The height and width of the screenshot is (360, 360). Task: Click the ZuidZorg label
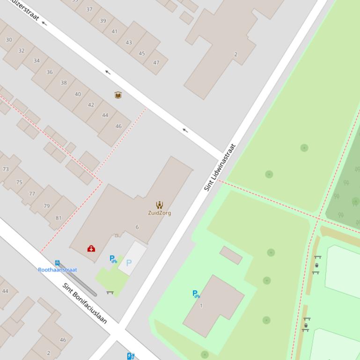click(x=159, y=213)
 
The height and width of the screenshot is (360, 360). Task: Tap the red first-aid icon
click(x=91, y=248)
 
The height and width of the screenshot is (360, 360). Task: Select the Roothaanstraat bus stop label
click(x=58, y=270)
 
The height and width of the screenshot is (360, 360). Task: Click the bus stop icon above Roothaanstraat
click(x=57, y=263)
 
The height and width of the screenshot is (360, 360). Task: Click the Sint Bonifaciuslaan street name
click(x=85, y=303)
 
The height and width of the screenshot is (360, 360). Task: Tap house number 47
click(x=156, y=62)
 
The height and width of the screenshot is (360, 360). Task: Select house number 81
click(x=59, y=217)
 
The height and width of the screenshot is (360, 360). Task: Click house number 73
click(x=6, y=169)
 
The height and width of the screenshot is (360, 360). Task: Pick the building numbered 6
click(x=137, y=227)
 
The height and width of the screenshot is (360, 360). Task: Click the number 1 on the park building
click(x=201, y=306)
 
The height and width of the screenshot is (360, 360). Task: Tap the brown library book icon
click(x=118, y=95)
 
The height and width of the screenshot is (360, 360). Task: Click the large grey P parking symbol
click(x=129, y=263)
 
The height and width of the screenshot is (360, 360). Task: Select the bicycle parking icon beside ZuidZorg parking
click(x=113, y=259)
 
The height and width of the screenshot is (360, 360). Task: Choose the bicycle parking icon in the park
click(x=196, y=294)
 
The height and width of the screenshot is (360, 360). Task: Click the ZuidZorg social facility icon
click(x=160, y=205)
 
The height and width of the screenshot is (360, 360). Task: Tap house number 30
click(x=9, y=40)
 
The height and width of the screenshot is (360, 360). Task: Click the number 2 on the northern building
click(x=235, y=54)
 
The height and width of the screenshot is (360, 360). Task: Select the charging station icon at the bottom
click(x=131, y=356)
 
